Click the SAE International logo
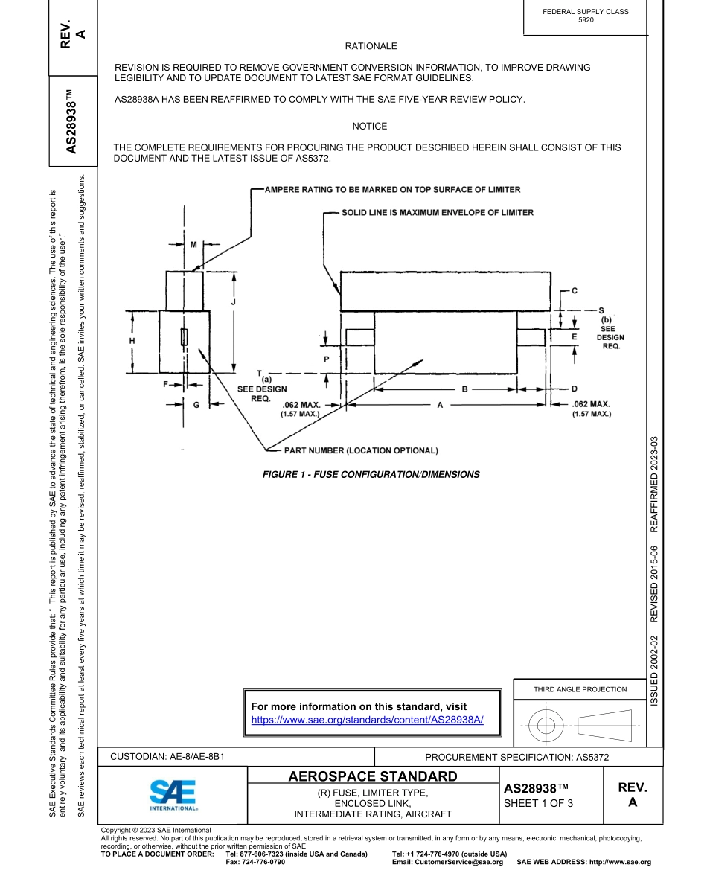point(173,795)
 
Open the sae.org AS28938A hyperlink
point(367,720)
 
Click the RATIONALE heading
point(371,46)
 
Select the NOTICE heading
point(370,127)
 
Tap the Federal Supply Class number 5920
point(586,21)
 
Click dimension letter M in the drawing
point(193,244)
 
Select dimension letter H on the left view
point(132,340)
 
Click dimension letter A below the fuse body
point(440,405)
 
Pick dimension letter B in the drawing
point(464,389)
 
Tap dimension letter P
point(326,359)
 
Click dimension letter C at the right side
point(574,290)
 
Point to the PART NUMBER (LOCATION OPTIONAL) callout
point(361,450)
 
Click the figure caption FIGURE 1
point(371,474)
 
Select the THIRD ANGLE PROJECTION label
point(580,689)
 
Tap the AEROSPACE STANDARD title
point(373,777)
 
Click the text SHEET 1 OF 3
point(538,802)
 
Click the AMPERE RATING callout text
point(392,189)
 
